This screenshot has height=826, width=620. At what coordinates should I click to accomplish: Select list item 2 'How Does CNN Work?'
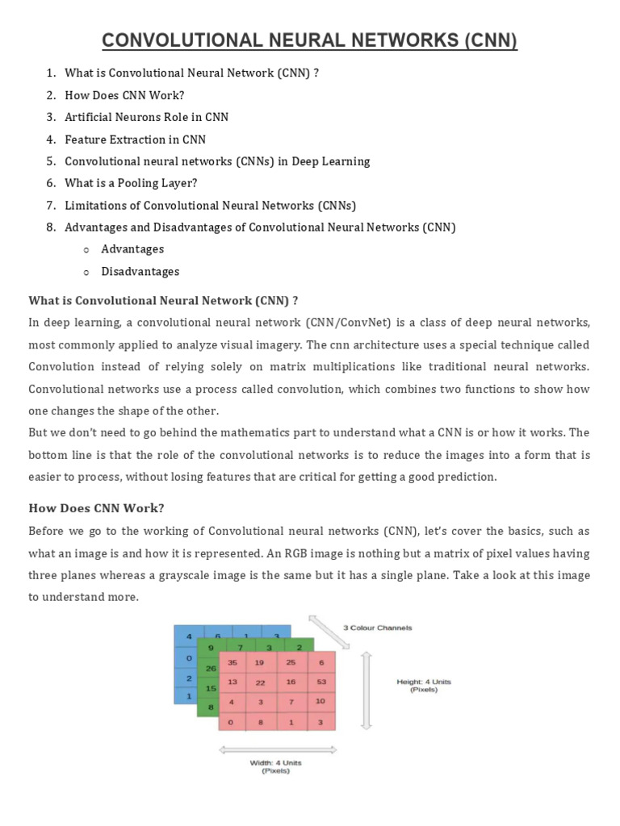pos(124,95)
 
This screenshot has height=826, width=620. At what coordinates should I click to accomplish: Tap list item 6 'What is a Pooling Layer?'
pos(131,183)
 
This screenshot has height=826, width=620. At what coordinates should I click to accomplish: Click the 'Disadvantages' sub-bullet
pos(140,272)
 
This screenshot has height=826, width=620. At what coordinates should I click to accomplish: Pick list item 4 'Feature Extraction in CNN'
pos(135,139)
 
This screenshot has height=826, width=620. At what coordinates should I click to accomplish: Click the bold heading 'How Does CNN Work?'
pos(96,508)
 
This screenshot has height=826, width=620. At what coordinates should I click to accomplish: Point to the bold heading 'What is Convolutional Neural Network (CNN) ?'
pos(163,301)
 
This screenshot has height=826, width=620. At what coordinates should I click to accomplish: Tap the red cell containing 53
pos(320,682)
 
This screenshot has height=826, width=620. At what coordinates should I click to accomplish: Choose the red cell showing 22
pos(261,682)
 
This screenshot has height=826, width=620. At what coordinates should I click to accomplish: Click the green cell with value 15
pos(211,688)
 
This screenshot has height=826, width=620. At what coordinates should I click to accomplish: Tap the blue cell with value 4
pos(189,636)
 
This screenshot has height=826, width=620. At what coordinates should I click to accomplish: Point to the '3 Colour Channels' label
pos(377,628)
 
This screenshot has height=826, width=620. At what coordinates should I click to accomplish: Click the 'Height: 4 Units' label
pos(423,682)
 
